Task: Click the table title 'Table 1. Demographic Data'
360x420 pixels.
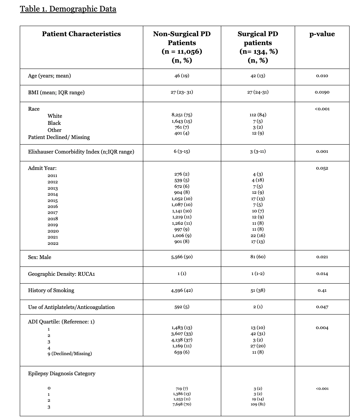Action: pyautogui.click(x=68, y=9)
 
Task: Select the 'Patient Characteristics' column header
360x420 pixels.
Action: pyautogui.click(x=81, y=34)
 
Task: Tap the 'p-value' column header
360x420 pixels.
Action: pyautogui.click(x=322, y=34)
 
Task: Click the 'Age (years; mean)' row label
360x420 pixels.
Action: pyautogui.click(x=50, y=76)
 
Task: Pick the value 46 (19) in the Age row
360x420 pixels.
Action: pyautogui.click(x=182, y=76)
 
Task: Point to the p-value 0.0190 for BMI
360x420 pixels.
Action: pyautogui.click(x=322, y=92)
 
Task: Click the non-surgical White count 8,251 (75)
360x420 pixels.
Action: pyautogui.click(x=182, y=116)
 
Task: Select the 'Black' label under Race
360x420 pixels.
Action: pyautogui.click(x=54, y=123)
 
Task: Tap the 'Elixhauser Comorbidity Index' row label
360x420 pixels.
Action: pyautogui.click(x=81, y=152)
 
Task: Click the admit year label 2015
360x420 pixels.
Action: pyautogui.click(x=53, y=200)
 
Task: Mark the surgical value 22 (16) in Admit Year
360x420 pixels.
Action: pyautogui.click(x=258, y=236)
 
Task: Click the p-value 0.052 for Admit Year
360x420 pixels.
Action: pyautogui.click(x=322, y=168)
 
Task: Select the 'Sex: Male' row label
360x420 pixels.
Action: pyautogui.click(x=40, y=257)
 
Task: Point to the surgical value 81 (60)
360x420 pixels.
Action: pyautogui.click(x=258, y=257)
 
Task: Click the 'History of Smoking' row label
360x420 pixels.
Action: pyautogui.click(x=51, y=290)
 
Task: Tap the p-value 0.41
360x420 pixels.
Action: pyautogui.click(x=322, y=291)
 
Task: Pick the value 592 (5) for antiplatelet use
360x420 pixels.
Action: pyautogui.click(x=182, y=307)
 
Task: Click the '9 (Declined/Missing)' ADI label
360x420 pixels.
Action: pyautogui.click(x=69, y=353)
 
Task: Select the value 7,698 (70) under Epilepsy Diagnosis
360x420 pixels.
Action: pyautogui.click(x=182, y=404)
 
